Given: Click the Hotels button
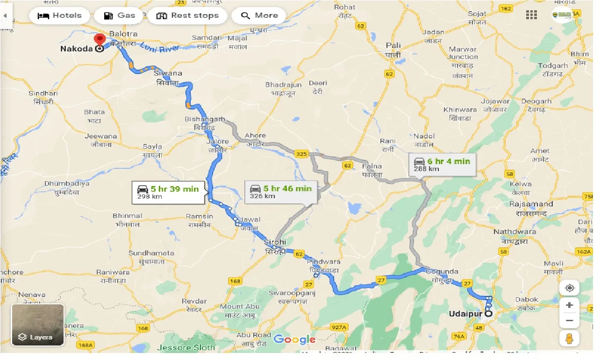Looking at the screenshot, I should pyautogui.click(x=59, y=15).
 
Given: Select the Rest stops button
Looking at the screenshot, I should pyautogui.click(x=187, y=15).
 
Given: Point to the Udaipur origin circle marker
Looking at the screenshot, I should pyautogui.click(x=489, y=314).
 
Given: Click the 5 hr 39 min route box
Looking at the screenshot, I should pyautogui.click(x=168, y=192).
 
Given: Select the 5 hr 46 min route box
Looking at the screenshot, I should pyautogui.click(x=280, y=192).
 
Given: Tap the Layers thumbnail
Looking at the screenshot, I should pyautogui.click(x=37, y=325).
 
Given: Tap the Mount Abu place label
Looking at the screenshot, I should pyautogui.click(x=238, y=310).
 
